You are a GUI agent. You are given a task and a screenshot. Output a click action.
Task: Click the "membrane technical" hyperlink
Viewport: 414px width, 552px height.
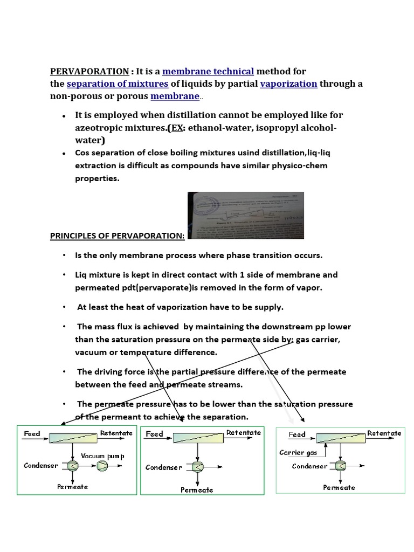(208, 71)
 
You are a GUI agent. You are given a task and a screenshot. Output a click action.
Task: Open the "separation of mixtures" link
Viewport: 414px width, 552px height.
(118, 84)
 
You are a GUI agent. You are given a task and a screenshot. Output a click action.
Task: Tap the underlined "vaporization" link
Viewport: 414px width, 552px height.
(288, 84)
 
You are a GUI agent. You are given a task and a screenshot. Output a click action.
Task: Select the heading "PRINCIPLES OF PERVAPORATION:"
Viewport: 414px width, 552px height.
(117, 236)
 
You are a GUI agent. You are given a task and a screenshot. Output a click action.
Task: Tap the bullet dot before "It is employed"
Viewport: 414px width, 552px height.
(64, 116)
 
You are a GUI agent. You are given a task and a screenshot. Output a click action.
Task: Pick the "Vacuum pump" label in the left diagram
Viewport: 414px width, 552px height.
(102, 456)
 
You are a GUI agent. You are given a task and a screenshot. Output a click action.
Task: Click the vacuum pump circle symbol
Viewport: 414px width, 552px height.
(102, 466)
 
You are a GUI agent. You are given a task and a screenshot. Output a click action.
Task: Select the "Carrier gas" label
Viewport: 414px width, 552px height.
(298, 452)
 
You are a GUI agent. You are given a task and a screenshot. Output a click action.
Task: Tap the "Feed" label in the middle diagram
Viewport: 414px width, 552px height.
(154, 434)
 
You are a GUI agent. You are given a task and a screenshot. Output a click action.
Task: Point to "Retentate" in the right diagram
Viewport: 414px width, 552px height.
(384, 433)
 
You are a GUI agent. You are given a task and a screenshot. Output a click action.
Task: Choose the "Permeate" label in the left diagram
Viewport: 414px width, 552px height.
(72, 487)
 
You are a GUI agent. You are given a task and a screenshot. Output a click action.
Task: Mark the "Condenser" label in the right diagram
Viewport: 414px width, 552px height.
(309, 466)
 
